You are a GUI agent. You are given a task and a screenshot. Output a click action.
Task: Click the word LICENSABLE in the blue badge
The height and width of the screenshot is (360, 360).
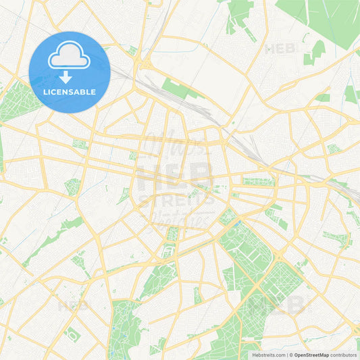[69, 91]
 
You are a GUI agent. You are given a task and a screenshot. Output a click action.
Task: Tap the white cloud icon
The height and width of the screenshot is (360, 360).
[69, 59]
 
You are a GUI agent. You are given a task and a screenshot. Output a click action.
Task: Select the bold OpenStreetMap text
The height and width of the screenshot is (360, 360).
[307, 355]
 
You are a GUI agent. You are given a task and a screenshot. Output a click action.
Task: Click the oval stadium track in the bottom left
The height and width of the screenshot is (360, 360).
[72, 333]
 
